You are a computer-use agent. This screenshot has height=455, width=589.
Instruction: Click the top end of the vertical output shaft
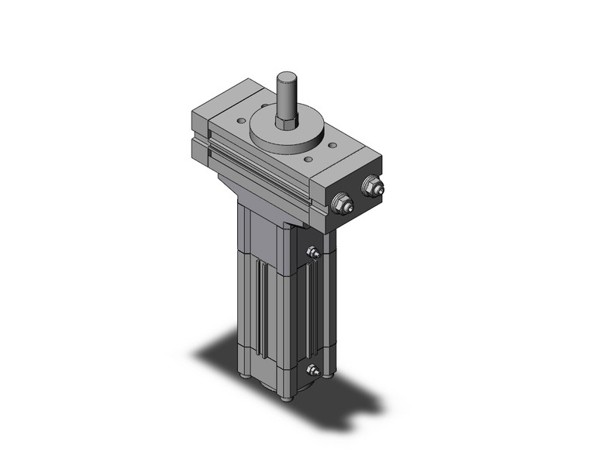(x=284, y=75)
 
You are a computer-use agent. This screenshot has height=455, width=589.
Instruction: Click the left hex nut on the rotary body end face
(x=339, y=204)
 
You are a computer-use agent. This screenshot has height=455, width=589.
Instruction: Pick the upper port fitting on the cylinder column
(x=312, y=252)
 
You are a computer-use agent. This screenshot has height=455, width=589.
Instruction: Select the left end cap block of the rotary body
(x=200, y=132)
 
